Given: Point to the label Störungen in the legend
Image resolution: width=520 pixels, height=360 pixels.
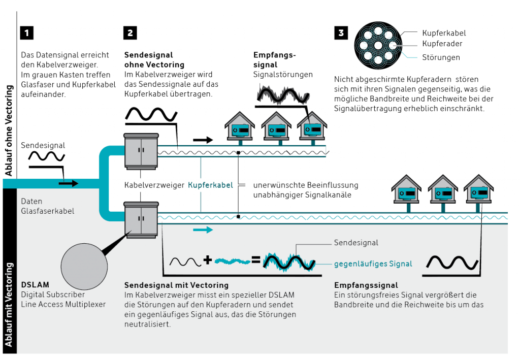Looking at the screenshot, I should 441,57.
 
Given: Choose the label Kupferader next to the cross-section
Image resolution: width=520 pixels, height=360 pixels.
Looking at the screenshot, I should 442,44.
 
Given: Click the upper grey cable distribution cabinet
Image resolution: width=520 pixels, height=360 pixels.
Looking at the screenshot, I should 141,150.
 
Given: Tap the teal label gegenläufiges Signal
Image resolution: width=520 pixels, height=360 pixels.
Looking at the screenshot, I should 373,264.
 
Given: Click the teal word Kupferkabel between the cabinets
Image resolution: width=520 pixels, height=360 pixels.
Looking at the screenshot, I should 210,185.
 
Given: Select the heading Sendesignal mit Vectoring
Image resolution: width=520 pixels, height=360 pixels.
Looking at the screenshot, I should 176,285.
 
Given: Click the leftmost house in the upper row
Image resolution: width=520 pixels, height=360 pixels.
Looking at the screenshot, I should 240,127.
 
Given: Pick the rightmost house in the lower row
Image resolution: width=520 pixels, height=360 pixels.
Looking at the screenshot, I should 479,190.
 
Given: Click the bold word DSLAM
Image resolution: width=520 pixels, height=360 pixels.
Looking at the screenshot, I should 34,285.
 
